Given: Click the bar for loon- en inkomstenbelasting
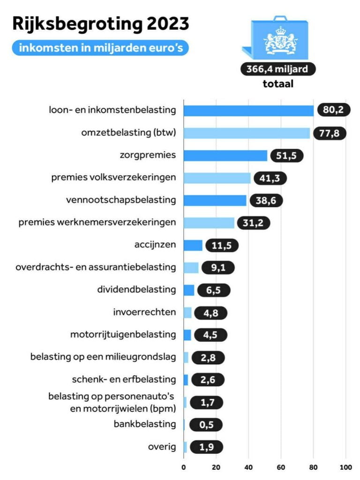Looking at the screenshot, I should [248, 111].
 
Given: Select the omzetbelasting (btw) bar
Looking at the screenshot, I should [247, 133].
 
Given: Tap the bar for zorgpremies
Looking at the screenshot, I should [225, 156].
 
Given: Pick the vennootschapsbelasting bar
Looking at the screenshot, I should [215, 201].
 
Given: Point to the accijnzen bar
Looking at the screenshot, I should [193, 245].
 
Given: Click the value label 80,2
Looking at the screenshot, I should [333, 111].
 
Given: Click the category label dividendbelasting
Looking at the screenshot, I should [136, 290].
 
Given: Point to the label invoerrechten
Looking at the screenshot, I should [144, 312].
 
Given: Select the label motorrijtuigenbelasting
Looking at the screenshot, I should [123, 335].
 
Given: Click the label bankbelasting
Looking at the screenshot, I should [145, 424].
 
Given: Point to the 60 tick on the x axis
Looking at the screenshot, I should [281, 467].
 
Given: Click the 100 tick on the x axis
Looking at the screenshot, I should [346, 467].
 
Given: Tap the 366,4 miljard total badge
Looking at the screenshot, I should [278, 69].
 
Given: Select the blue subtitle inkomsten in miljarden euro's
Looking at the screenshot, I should [101, 47].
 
